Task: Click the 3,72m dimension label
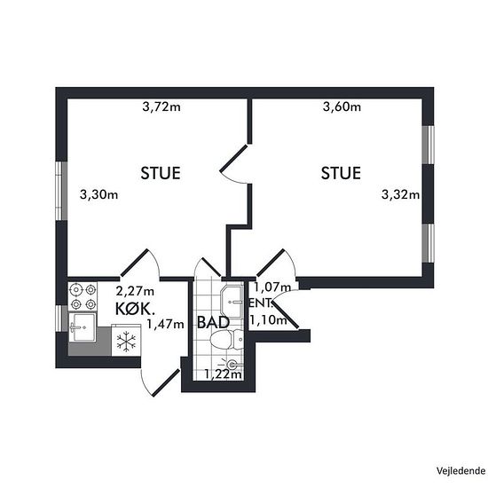[161, 106]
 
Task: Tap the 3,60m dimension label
[342, 106]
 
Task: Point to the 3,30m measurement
[98, 195]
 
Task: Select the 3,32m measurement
[400, 195]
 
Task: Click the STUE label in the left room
[161, 173]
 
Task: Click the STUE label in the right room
[341, 173]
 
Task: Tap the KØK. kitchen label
[135, 309]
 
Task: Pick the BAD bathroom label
[213, 322]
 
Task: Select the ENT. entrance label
[260, 303]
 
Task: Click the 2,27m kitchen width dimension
[135, 291]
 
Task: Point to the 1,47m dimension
[165, 324]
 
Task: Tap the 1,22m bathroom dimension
[223, 374]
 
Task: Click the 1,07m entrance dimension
[272, 287]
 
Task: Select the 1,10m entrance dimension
[268, 319]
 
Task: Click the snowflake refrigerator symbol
[126, 342]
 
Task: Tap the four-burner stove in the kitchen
[83, 296]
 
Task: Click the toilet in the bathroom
[226, 339]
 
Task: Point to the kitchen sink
[82, 327]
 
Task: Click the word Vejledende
[460, 471]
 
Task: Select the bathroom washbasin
[232, 302]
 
